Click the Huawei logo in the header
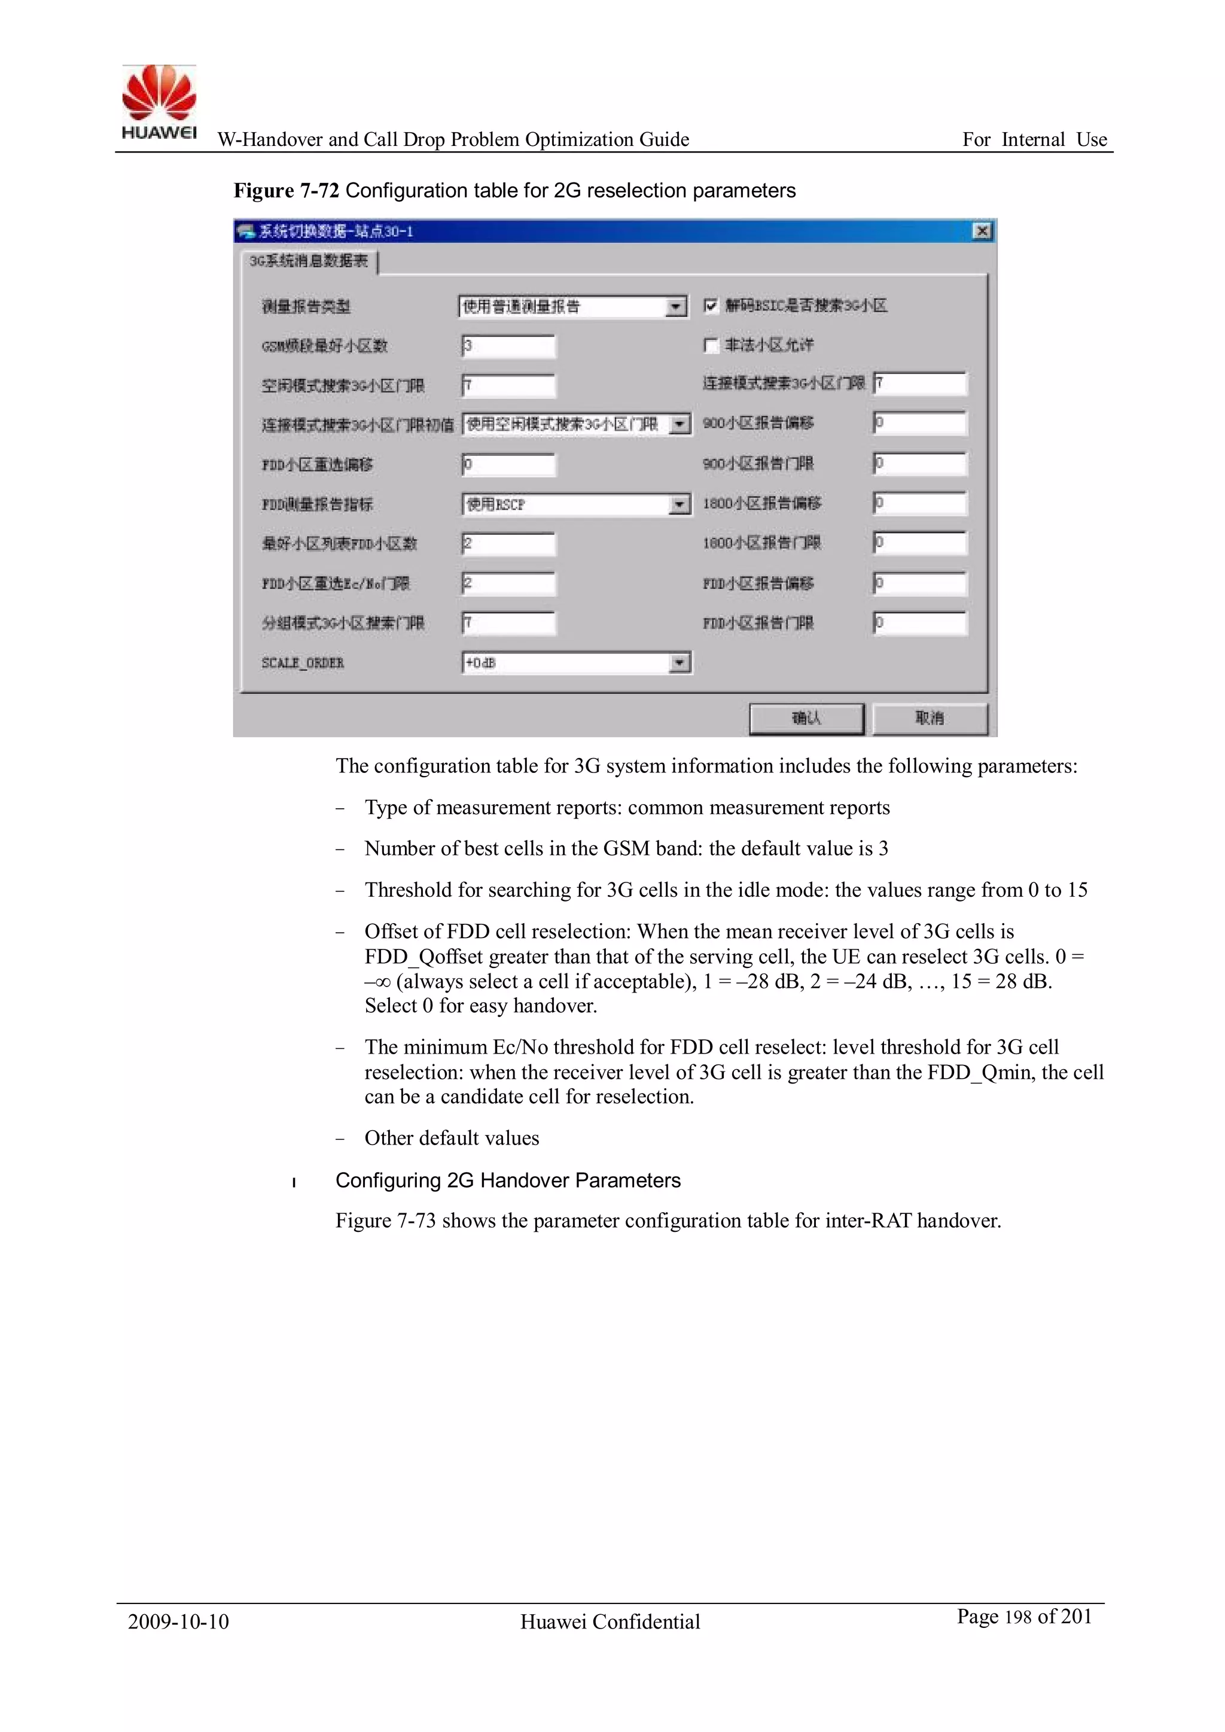pyautogui.click(x=159, y=102)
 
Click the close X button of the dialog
pyautogui.click(x=982, y=231)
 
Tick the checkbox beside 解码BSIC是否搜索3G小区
pyautogui.click(x=710, y=306)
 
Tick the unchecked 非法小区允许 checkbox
pyautogui.click(x=710, y=345)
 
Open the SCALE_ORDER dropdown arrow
pyautogui.click(x=679, y=663)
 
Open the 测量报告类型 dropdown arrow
pyautogui.click(x=676, y=306)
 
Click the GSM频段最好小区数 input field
pyautogui.click(x=508, y=346)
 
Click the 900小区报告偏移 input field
pyautogui.click(x=919, y=423)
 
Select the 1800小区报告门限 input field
pyautogui.click(x=919, y=543)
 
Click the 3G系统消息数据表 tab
pyautogui.click(x=309, y=261)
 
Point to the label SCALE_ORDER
pyautogui.click(x=303, y=663)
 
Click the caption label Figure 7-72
pyautogui.click(x=286, y=191)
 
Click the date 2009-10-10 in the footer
pyautogui.click(x=178, y=1621)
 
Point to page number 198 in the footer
pyautogui.click(x=1017, y=1617)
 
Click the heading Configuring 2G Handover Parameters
pyautogui.click(x=508, y=1180)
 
